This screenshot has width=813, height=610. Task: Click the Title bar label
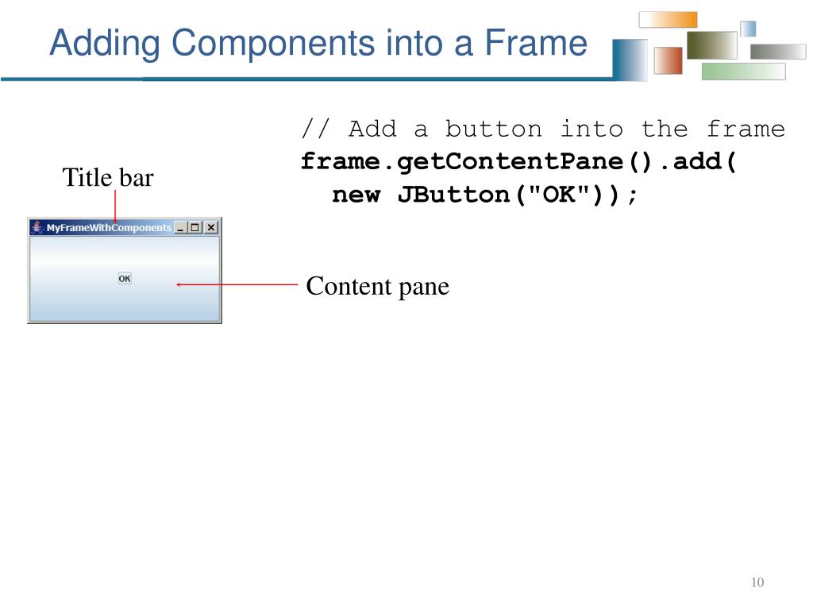pyautogui.click(x=108, y=177)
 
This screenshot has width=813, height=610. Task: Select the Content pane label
pyautogui.click(x=378, y=286)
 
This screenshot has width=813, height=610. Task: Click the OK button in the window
pyautogui.click(x=125, y=279)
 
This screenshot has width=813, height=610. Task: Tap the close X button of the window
pyautogui.click(x=210, y=227)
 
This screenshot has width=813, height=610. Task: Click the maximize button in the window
pyautogui.click(x=195, y=227)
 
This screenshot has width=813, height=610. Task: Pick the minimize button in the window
pyautogui.click(x=180, y=227)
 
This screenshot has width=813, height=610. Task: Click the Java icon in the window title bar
pyautogui.click(x=37, y=227)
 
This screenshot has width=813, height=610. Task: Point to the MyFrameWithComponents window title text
pyautogui.click(x=109, y=228)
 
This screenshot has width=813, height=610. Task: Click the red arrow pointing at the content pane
pyautogui.click(x=238, y=284)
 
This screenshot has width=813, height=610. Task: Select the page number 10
pyautogui.click(x=757, y=583)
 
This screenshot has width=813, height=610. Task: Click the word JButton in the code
pyautogui.click(x=453, y=195)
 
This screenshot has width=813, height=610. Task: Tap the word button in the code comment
pyautogui.click(x=493, y=129)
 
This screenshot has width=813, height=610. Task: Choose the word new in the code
pyautogui.click(x=356, y=195)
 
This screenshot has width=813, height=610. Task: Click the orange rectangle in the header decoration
pyautogui.click(x=668, y=20)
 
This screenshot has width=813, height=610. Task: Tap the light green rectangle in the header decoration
pyautogui.click(x=743, y=71)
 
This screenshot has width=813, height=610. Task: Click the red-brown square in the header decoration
pyautogui.click(x=668, y=60)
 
